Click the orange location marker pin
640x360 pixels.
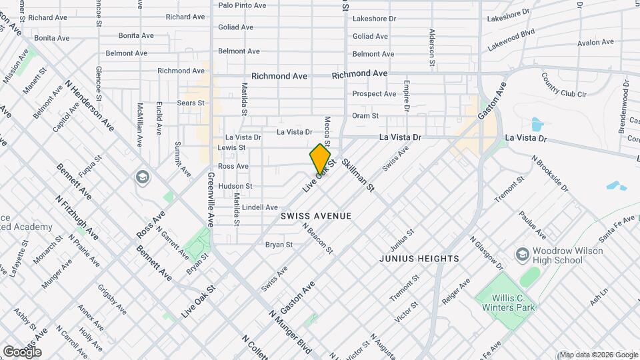coord(320,159)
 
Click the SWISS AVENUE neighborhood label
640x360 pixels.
coord(316,217)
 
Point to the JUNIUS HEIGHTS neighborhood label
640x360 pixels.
coord(419,258)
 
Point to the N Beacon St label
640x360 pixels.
coord(317,238)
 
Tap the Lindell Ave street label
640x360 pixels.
coord(260,207)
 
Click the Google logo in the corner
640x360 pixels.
coord(21,351)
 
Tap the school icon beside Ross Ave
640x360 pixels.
coord(141,177)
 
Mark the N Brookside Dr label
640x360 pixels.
coord(550,173)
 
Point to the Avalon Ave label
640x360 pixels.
coord(595,42)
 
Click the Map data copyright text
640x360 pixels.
coord(598,355)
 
